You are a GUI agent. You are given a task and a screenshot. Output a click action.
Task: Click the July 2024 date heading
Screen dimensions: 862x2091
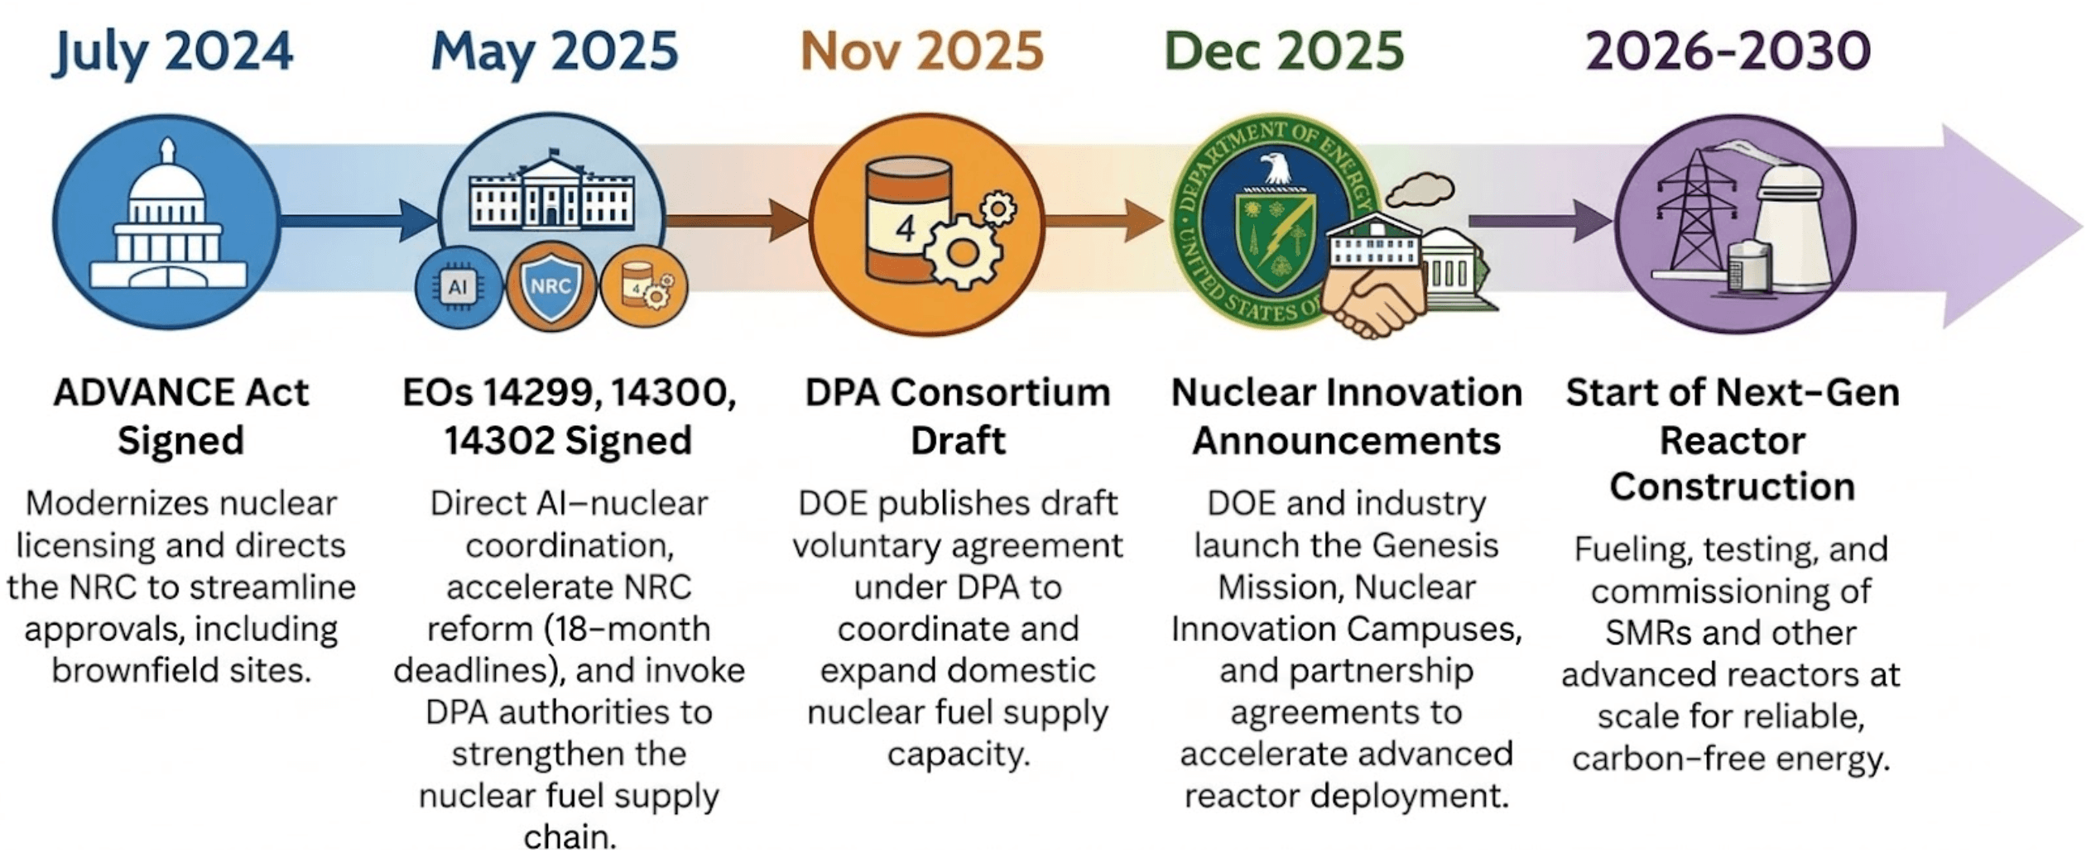point(172,51)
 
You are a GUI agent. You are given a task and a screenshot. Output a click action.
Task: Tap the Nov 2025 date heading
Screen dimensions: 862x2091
point(921,51)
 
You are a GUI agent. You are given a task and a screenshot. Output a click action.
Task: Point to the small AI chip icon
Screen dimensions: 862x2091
point(458,287)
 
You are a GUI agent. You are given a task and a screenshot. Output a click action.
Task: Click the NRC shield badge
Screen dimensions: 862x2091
point(550,287)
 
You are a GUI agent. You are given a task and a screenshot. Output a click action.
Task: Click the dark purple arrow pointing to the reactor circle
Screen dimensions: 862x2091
point(1540,221)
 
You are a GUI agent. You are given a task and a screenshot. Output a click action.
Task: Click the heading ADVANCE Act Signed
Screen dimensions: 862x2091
point(180,415)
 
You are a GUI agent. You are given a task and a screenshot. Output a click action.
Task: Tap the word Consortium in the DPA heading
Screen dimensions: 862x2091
point(999,392)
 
